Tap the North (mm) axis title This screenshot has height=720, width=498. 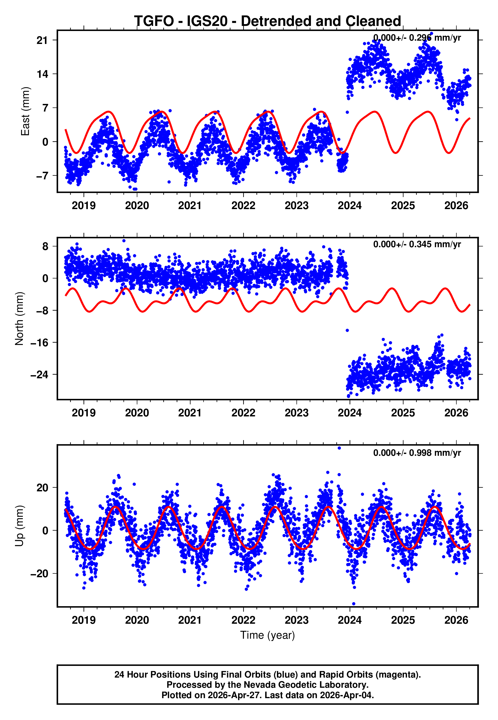click(19, 319)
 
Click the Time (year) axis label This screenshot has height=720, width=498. click(268, 635)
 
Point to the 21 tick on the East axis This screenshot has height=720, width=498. click(42, 40)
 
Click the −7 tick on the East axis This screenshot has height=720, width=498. click(42, 176)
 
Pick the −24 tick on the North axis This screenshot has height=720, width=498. click(39, 375)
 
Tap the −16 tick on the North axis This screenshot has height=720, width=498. click(39, 342)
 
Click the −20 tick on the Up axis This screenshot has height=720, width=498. click(39, 574)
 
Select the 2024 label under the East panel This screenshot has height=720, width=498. click(350, 206)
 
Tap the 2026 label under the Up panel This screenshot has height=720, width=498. click(456, 620)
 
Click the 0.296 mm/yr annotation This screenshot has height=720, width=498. click(417, 38)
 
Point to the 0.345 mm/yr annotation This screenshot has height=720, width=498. click(417, 244)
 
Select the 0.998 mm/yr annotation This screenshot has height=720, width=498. click(417, 453)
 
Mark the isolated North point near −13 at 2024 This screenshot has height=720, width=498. click(347, 330)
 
